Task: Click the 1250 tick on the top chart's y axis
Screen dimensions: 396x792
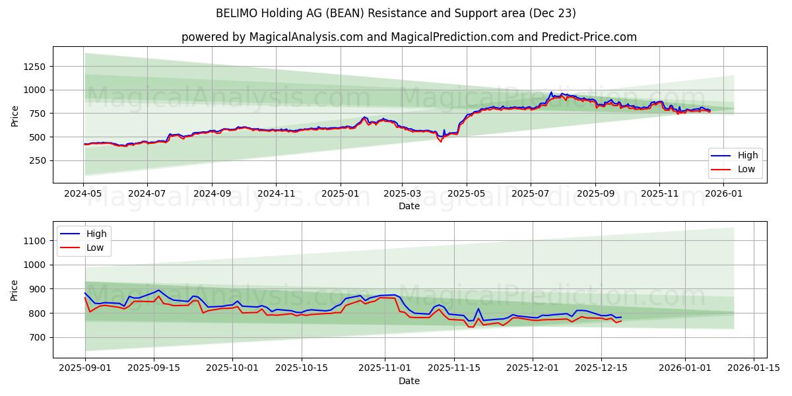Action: (33, 66)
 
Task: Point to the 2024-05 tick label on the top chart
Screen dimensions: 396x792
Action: (83, 194)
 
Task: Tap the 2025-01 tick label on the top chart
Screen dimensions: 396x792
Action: (341, 194)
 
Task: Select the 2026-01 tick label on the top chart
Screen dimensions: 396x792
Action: (724, 194)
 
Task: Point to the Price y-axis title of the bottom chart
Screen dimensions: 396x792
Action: (15, 290)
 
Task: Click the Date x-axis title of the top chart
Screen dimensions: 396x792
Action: (409, 206)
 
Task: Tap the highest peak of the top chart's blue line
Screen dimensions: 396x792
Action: (551, 92)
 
